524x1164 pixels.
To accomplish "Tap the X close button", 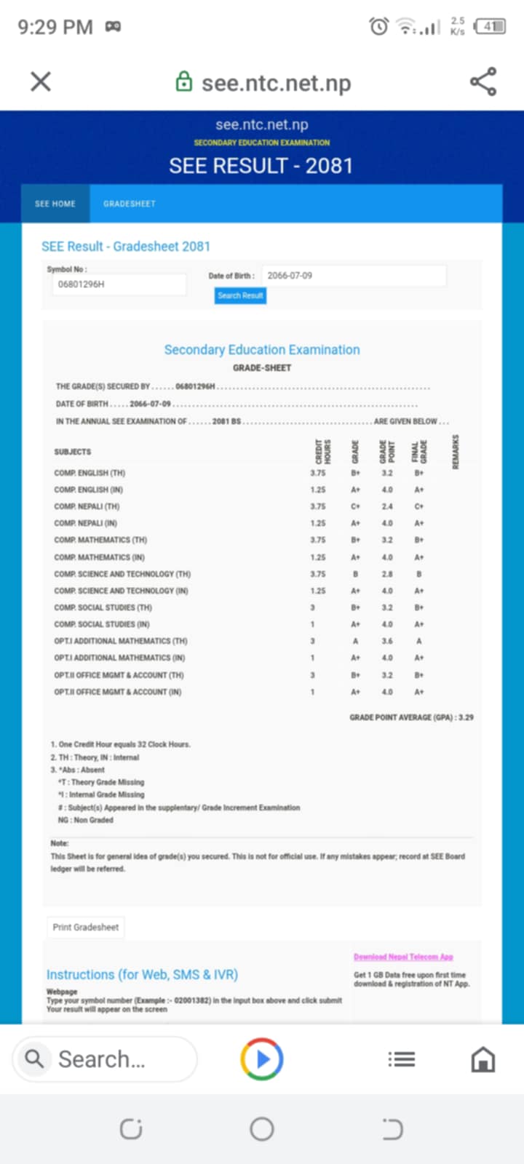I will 41,81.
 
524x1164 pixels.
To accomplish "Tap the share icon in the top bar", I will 483,81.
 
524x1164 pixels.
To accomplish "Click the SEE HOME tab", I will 55,204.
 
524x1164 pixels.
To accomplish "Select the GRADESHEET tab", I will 130,204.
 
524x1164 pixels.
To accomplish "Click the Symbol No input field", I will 121,284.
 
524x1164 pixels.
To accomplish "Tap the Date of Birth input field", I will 353,276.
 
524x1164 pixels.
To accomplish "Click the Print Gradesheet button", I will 86,928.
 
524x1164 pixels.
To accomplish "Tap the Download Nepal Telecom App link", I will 403,957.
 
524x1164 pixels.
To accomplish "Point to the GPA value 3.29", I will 466,717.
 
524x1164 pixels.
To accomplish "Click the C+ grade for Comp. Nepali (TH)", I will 355,506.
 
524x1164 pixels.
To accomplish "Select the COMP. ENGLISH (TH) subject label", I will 90,473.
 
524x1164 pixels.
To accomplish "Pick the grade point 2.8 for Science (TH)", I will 387,574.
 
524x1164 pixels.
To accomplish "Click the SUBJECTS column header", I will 73,452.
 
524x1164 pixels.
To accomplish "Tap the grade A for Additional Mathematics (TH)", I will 355,641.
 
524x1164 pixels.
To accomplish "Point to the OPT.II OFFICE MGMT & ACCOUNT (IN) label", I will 118,692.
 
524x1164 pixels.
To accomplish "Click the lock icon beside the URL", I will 184,81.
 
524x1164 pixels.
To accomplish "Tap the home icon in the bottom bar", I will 483,1059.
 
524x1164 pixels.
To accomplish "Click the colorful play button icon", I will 262,1059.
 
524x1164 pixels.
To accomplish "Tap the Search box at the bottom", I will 106,1059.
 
